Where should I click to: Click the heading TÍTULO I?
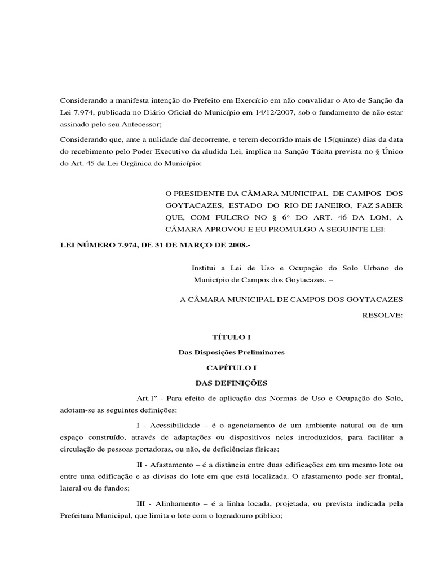[x=231, y=337]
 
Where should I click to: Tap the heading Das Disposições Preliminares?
[x=231, y=352]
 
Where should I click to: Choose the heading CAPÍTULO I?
[x=231, y=367]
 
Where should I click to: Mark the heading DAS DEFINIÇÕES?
[x=231, y=383]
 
